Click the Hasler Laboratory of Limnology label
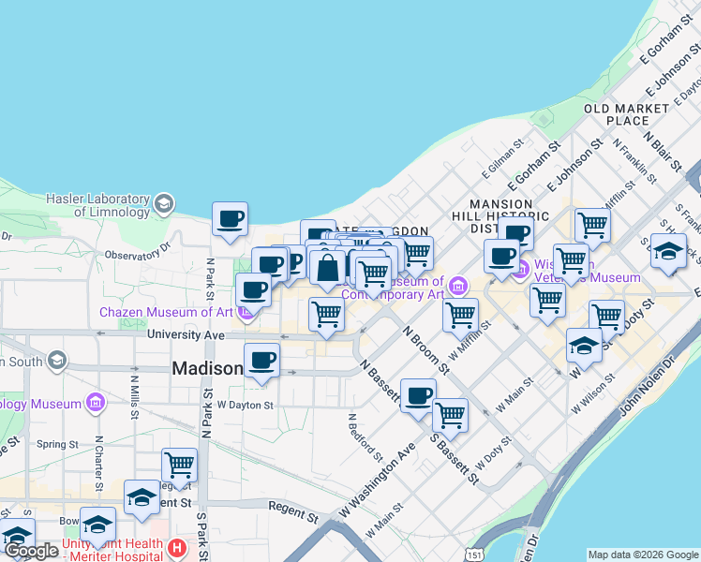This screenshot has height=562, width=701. coord(98,205)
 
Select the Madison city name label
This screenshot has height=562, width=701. coord(206,369)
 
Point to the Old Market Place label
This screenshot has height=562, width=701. coord(627,114)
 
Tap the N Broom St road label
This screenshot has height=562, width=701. coord(426,348)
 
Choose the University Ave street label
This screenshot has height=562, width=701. coord(186,334)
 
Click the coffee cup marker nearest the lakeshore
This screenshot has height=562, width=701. coord(230,220)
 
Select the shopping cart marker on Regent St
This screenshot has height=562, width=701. coord(179,464)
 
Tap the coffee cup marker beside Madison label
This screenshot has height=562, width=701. coord(261,361)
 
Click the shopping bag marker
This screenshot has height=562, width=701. coord(328,269)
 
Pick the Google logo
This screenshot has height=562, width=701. coord(32,552)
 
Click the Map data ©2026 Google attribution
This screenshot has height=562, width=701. coord(643,555)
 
